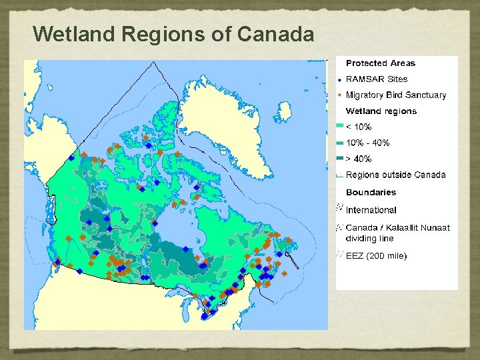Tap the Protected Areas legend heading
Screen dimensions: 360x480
(x=380, y=63)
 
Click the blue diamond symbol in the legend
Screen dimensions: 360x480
(x=339, y=79)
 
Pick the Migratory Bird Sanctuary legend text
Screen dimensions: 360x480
(x=395, y=95)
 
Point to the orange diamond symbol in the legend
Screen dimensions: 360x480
(x=339, y=95)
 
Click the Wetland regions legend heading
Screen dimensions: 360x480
(x=381, y=111)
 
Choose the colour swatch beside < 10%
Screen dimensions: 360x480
(x=339, y=127)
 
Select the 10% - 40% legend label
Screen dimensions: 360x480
(x=367, y=143)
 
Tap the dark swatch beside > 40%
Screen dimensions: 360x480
(x=339, y=159)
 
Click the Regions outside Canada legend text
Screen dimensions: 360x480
(x=395, y=175)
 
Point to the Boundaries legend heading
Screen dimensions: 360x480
(x=371, y=192)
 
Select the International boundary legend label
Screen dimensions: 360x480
(x=371, y=210)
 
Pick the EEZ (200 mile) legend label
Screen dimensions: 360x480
(x=376, y=256)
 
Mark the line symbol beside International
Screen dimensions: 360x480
(x=339, y=209)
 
